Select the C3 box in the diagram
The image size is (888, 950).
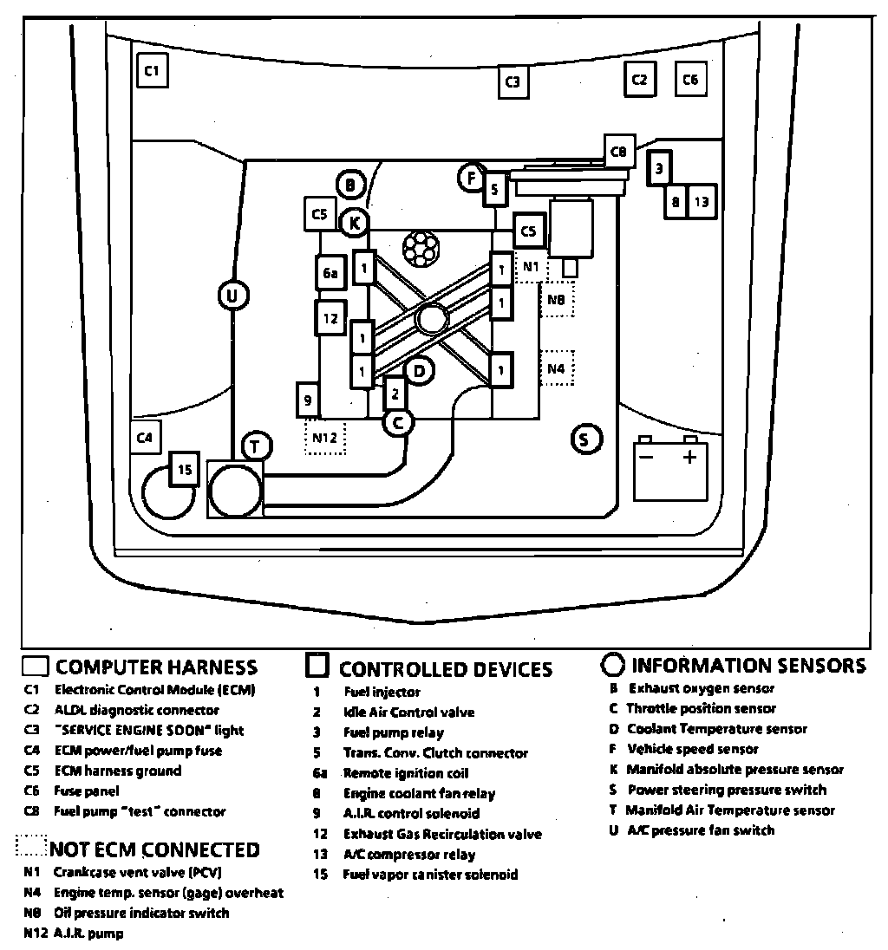(513, 82)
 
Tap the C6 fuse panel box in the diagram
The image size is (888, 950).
(690, 80)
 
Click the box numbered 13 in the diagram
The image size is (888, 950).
(701, 203)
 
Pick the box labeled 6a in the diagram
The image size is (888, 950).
(330, 274)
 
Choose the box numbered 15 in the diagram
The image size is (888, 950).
(184, 470)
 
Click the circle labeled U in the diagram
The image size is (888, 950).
(232, 296)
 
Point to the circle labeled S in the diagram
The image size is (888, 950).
(585, 439)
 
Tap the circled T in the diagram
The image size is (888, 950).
(255, 446)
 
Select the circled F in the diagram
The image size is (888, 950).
(471, 179)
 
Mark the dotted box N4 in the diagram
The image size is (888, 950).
(557, 368)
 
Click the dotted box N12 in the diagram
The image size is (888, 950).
(324, 437)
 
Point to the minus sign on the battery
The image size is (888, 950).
(645, 457)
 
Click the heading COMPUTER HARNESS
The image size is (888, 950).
(156, 667)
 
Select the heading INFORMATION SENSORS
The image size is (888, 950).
(748, 666)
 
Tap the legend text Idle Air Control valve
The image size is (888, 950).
(408, 712)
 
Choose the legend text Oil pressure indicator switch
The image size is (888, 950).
(140, 913)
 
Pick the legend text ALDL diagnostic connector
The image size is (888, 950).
(136, 710)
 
